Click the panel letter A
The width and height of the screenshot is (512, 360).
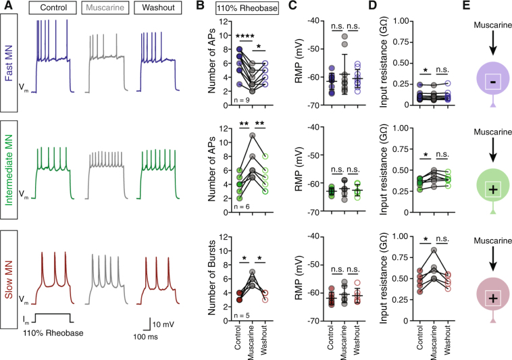[5, 9]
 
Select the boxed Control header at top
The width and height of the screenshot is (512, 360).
[53, 10]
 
